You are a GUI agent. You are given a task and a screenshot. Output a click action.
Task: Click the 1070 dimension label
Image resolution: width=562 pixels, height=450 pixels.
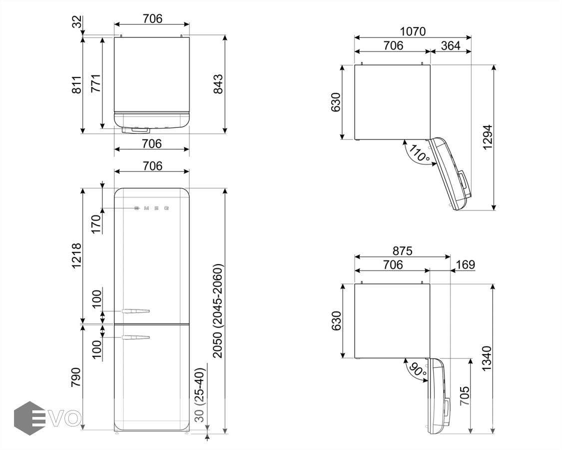tap(413, 31)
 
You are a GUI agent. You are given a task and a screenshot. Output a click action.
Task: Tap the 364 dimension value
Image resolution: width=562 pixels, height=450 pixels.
tap(450, 45)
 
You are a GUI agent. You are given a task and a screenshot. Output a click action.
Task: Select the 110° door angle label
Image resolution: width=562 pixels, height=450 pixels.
tap(419, 153)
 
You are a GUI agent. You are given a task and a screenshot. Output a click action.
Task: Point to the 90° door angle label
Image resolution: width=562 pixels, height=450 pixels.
tap(418, 369)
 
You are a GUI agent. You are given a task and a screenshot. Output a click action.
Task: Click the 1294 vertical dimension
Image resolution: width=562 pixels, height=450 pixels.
tap(488, 137)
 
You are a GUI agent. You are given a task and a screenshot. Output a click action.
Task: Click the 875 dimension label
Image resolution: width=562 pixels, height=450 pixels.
tap(402, 250)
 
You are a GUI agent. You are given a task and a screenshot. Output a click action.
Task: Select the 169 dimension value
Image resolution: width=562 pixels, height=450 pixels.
tap(465, 264)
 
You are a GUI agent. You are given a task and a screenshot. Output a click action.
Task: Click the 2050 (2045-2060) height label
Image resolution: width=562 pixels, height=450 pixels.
tap(218, 311)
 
